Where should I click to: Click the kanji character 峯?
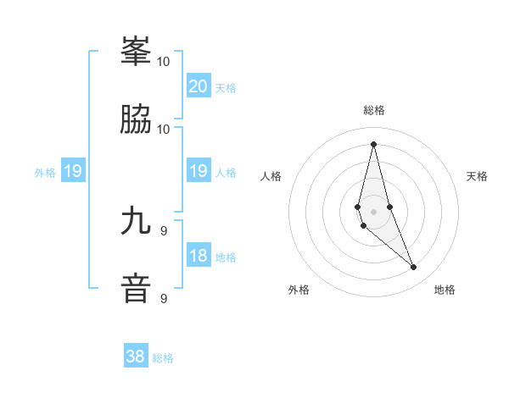[136, 52]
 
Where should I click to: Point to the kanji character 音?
[136, 288]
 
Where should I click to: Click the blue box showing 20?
[198, 86]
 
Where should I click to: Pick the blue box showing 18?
[198, 256]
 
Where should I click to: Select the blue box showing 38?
[136, 357]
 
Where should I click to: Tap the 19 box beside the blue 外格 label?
[73, 172]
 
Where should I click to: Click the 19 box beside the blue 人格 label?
[198, 172]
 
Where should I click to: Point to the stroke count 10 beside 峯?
[164, 61]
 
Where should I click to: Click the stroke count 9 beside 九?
[164, 230]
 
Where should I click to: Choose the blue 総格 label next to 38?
[164, 358]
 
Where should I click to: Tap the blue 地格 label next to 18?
[226, 257]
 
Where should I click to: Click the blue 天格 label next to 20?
[226, 88]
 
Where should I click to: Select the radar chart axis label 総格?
[374, 110]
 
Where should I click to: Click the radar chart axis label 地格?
[445, 290]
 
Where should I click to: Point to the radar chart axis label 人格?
[271, 176]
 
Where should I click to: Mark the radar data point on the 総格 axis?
[374, 143]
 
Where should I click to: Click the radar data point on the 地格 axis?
[414, 267]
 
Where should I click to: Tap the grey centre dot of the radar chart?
[374, 211]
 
